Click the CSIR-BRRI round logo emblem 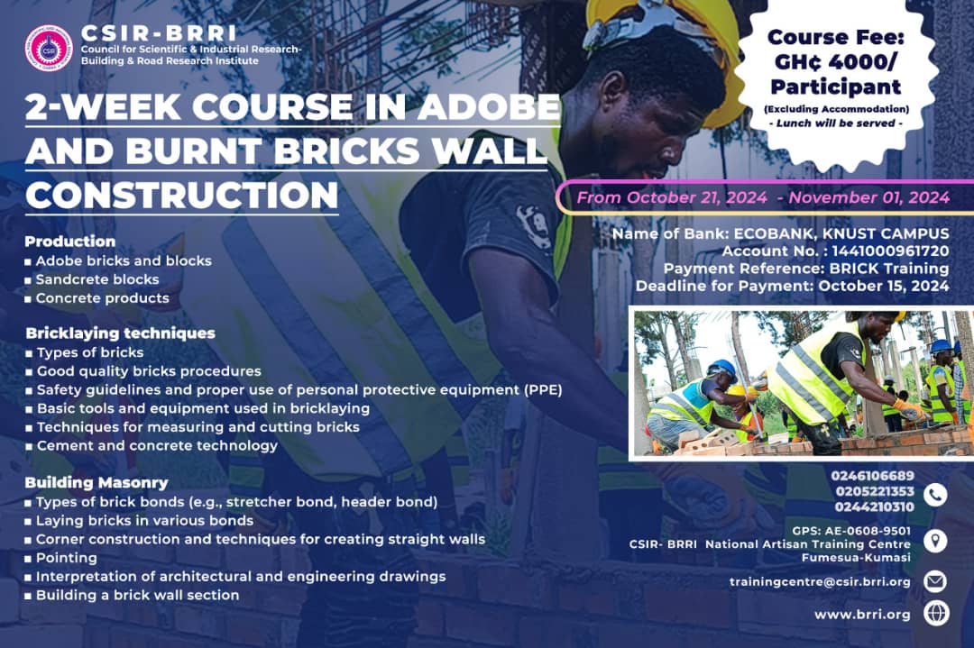pyautogui.click(x=49, y=47)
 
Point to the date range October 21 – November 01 pyautogui.click(x=763, y=197)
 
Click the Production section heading pyautogui.click(x=70, y=242)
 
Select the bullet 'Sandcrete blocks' pyautogui.click(x=97, y=279)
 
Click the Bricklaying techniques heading pyautogui.click(x=121, y=333)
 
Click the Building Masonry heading pyautogui.click(x=96, y=482)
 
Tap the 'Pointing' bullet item pyautogui.click(x=67, y=559)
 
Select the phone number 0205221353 pyautogui.click(x=875, y=491)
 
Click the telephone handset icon pyautogui.click(x=936, y=493)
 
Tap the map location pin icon pyautogui.click(x=936, y=541)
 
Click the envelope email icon pyautogui.click(x=936, y=581)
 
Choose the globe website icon pyautogui.click(x=936, y=614)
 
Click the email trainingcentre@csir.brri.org pyautogui.click(x=820, y=582)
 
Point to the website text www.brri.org pyautogui.click(x=862, y=615)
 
